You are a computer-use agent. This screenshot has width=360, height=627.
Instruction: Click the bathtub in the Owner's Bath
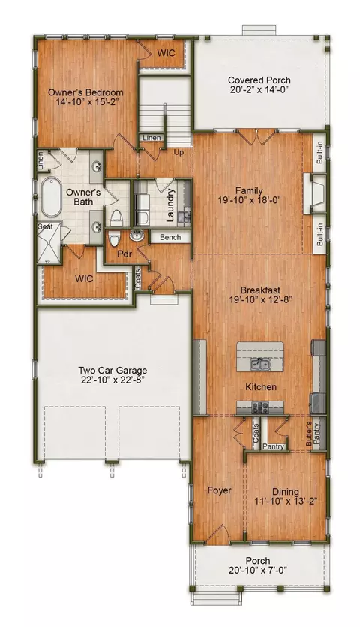[51, 197]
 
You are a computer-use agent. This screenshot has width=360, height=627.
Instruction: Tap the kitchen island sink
[260, 364]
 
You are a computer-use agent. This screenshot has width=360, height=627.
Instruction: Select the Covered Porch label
[259, 80]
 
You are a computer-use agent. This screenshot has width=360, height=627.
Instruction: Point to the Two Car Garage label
[112, 370]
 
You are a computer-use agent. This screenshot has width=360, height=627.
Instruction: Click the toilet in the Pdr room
[114, 238]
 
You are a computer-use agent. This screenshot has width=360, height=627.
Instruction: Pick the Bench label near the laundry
[170, 237]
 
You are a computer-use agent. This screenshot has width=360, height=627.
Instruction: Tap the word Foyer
[219, 490]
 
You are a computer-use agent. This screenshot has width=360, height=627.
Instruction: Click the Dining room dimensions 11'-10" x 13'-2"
[286, 502]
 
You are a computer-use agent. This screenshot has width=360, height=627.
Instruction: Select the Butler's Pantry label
[313, 433]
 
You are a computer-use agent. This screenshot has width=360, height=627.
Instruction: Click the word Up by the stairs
[178, 152]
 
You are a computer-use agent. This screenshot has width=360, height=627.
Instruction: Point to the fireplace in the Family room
[315, 193]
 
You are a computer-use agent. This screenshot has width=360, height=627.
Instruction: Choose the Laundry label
[170, 205]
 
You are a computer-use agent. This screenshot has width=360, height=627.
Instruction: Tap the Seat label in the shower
[45, 226]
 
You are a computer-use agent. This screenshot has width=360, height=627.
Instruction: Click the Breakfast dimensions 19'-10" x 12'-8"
[260, 299]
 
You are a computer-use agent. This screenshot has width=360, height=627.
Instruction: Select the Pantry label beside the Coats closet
[274, 446]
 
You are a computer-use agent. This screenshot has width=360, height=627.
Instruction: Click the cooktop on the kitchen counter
[260, 407]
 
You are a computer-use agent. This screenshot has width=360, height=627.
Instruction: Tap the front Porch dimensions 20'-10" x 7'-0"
[258, 571]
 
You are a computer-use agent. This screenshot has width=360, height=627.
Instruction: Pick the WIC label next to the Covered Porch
[166, 52]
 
